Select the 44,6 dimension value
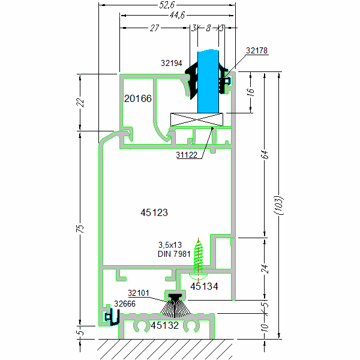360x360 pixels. (176, 16)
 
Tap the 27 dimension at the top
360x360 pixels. (155, 28)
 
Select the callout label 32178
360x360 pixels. (257, 51)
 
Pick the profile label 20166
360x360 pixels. (138, 98)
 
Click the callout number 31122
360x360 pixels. (188, 155)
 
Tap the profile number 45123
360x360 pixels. (154, 212)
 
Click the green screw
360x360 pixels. (199, 256)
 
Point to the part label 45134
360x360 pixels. (204, 287)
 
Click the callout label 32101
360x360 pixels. (139, 293)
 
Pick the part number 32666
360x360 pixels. (126, 304)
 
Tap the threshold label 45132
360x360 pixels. (164, 325)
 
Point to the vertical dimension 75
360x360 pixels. (82, 229)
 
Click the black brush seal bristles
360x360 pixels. (175, 308)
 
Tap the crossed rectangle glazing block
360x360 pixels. (198, 119)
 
